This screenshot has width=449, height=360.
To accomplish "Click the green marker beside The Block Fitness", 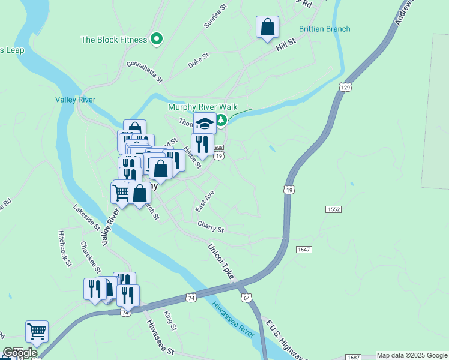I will tap(157, 40).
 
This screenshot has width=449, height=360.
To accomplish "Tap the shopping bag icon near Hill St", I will tap(267, 27).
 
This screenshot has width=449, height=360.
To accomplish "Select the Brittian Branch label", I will tap(324, 29).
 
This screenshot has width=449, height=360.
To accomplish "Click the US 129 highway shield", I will tap(344, 88).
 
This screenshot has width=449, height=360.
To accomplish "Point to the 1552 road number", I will tap(334, 209).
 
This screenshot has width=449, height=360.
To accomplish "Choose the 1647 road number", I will tap(304, 249).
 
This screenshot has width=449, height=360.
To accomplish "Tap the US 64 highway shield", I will tap(247, 298).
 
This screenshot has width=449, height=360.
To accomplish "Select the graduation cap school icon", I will tap(205, 123).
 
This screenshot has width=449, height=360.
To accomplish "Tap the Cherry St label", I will tap(211, 229).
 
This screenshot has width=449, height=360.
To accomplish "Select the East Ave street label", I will tap(205, 201).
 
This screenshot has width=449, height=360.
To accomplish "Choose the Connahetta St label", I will tap(145, 70).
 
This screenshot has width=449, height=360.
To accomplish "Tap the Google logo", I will tap(20, 353).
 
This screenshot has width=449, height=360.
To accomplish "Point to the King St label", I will tap(170, 320).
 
